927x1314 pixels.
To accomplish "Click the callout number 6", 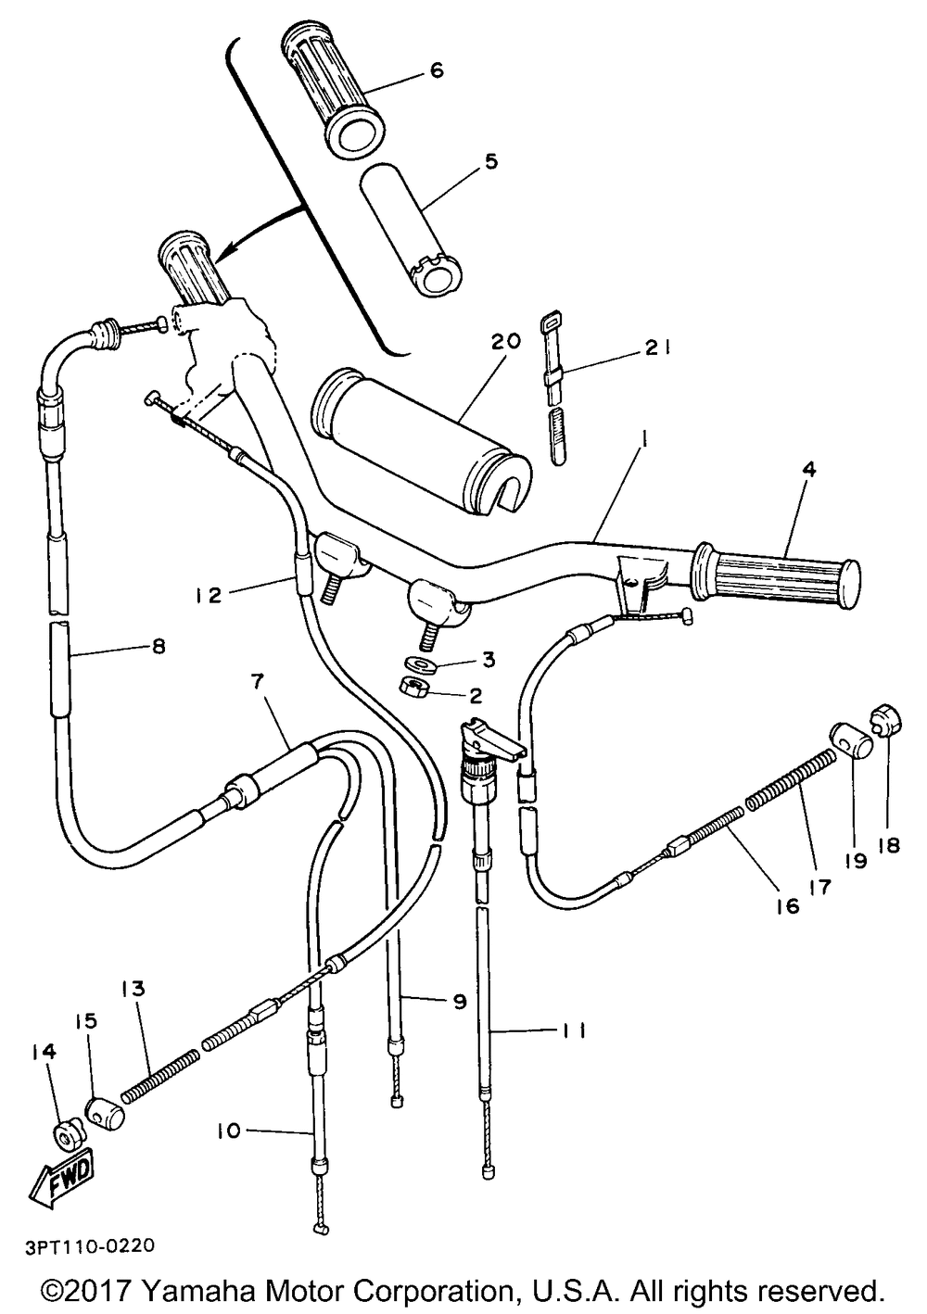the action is point(437,70).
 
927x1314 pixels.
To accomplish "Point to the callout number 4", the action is point(809,469).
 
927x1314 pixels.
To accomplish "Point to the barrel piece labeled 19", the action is point(851,741).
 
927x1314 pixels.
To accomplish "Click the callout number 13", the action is point(133,989).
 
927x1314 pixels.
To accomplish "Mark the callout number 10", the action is point(228,1131).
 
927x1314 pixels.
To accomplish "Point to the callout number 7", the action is point(258,681).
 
